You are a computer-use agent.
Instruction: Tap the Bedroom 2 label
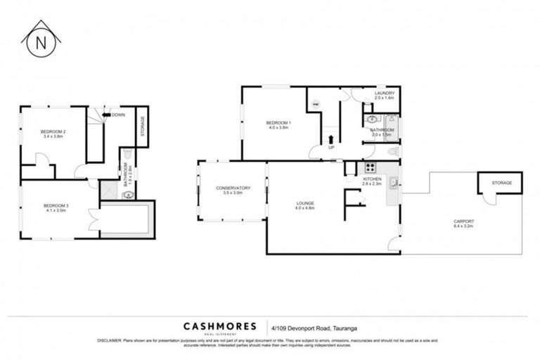(x=53, y=134)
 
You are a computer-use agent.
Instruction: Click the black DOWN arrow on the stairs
(x=107, y=115)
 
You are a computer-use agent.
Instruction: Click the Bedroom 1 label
(x=278, y=126)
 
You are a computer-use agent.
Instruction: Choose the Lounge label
(x=304, y=205)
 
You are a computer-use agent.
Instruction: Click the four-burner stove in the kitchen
(x=370, y=169)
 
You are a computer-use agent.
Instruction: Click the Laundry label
(x=385, y=95)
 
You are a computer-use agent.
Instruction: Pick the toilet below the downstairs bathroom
(x=393, y=151)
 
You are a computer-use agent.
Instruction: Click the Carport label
(x=463, y=224)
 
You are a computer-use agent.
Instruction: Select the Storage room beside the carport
(x=501, y=183)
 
